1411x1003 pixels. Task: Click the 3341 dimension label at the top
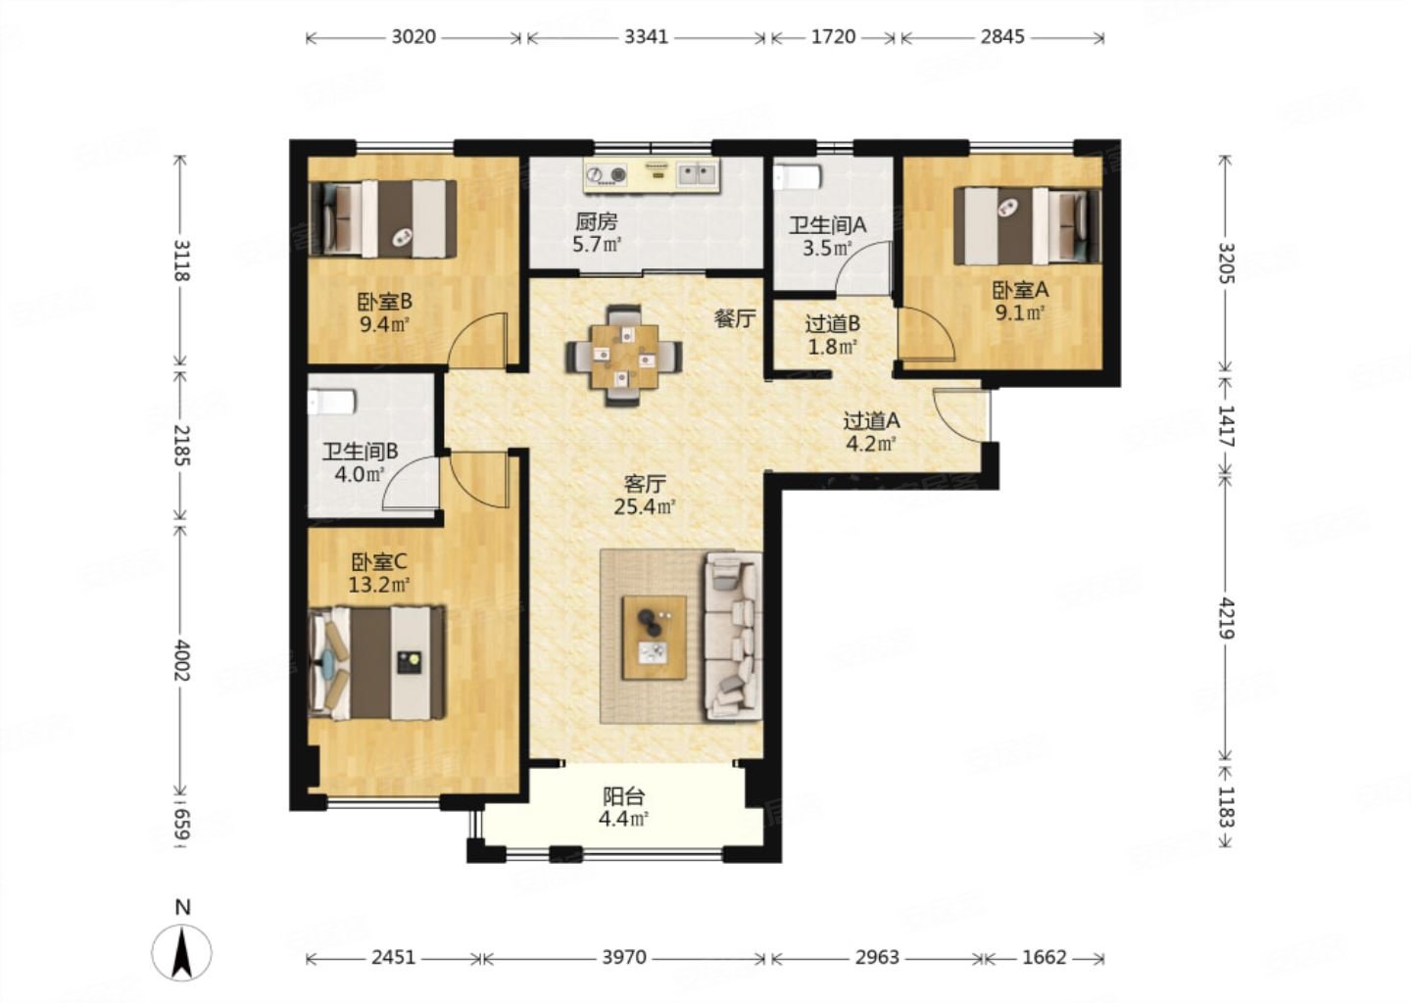pyautogui.click(x=646, y=37)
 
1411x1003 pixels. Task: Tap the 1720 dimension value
pyautogui.click(x=833, y=37)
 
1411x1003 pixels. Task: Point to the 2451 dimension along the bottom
pyautogui.click(x=394, y=957)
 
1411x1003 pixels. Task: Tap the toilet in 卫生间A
pyautogui.click(x=797, y=177)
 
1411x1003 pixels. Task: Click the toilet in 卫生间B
pyautogui.click(x=332, y=402)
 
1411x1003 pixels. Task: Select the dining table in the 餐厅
pyautogui.click(x=624, y=356)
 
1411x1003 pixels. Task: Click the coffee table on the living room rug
pyautogui.click(x=654, y=638)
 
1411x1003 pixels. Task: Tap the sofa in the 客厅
pyautogui.click(x=734, y=636)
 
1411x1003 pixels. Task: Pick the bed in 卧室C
pyautogui.click(x=376, y=663)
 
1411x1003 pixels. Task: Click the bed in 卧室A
pyautogui.click(x=1027, y=225)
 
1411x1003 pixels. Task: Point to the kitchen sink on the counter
pyautogui.click(x=698, y=172)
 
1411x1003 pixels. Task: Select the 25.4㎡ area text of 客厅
pyautogui.click(x=645, y=506)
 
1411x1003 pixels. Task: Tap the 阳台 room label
pyautogui.click(x=623, y=796)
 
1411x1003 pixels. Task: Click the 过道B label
pyautogui.click(x=832, y=323)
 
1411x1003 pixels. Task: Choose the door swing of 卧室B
pyautogui.click(x=477, y=340)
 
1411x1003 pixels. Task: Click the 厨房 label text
pyautogui.click(x=596, y=221)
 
